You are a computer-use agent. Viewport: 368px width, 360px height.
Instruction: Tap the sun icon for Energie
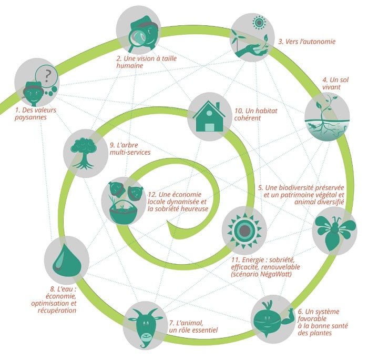pos(244,229)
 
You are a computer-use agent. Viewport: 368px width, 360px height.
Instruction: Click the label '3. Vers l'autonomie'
pos(307,41)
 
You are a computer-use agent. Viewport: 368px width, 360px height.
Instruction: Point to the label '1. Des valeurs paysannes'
pos(35,114)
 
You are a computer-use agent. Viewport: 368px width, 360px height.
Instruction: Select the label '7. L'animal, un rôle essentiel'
pos(193,326)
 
